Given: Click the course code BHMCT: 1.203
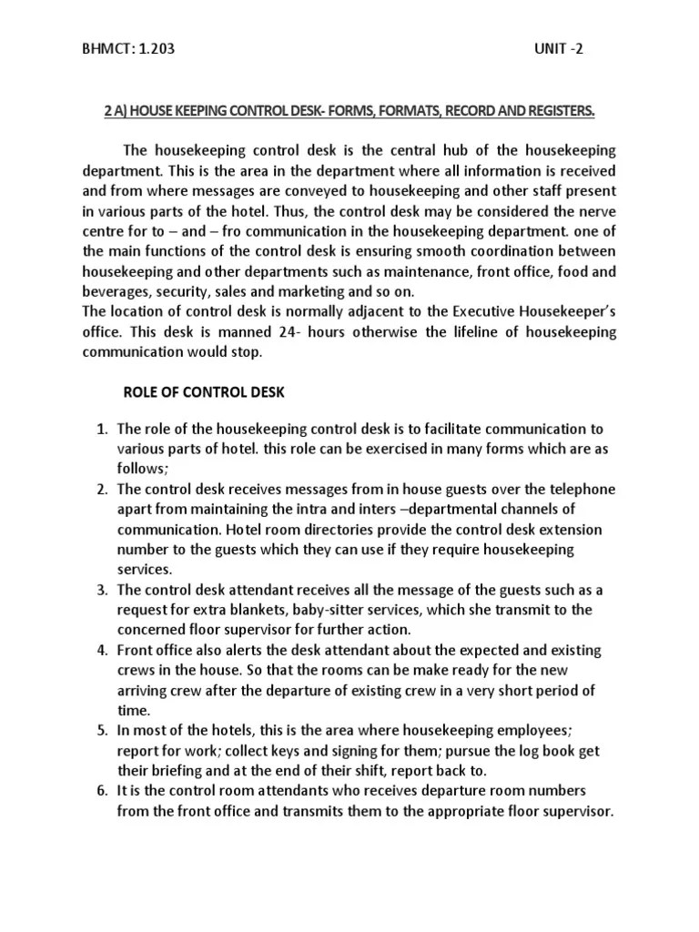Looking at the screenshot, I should coord(127,49).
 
